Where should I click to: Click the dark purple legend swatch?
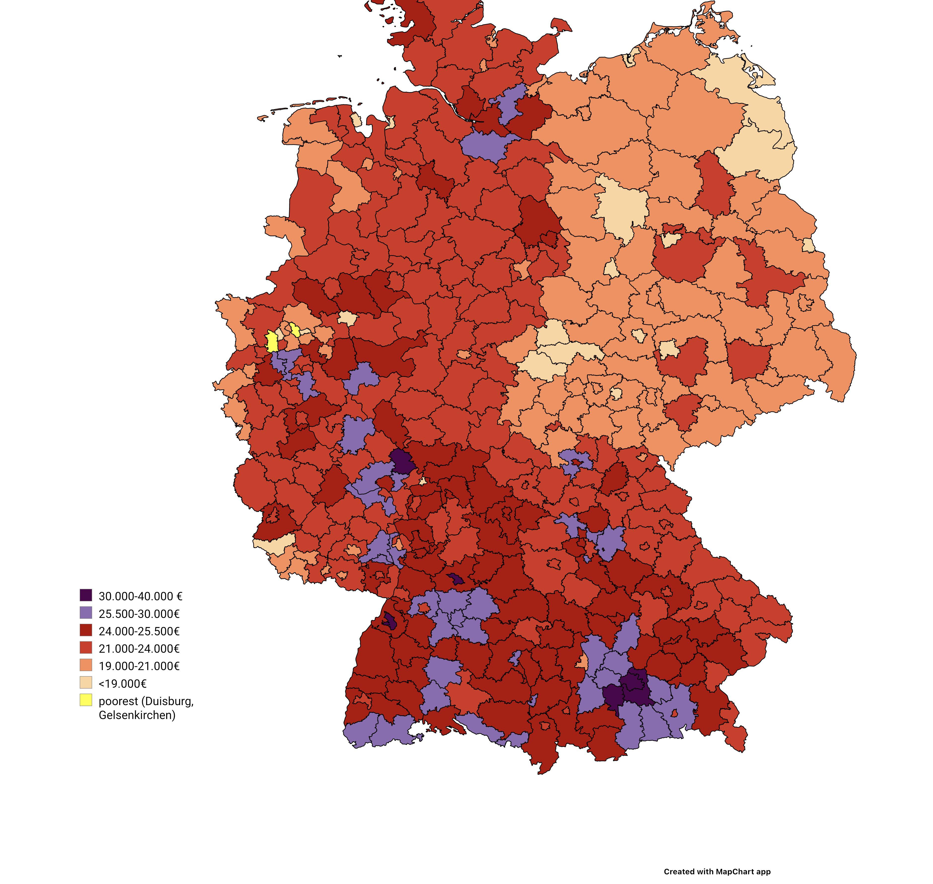tap(86, 595)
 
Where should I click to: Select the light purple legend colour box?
tap(86, 613)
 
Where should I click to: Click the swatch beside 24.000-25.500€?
tap(86, 630)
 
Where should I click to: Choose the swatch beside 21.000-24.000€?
tap(86, 647)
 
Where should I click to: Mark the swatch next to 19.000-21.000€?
tap(86, 665)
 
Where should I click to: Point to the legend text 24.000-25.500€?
tap(139, 631)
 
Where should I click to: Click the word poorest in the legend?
tap(118, 701)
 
